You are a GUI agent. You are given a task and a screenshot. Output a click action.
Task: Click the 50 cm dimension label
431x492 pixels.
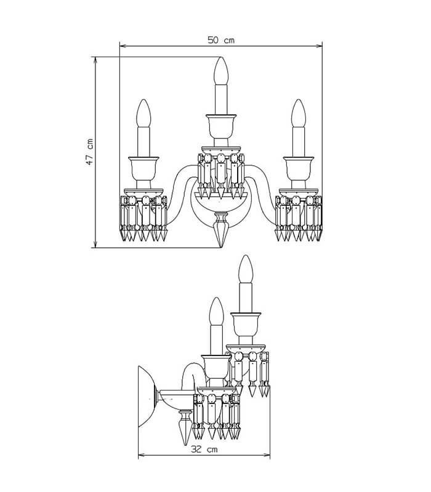221,40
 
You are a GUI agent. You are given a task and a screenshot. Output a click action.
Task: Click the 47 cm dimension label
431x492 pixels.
89,152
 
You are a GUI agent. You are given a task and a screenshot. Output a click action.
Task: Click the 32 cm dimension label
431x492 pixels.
204,450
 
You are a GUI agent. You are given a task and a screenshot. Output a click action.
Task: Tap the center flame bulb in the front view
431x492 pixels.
221,71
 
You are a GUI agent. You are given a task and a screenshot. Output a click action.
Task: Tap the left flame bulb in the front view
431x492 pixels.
143,113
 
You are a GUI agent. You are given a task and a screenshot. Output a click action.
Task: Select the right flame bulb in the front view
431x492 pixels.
299,113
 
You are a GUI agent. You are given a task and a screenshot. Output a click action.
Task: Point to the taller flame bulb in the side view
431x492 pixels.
246,269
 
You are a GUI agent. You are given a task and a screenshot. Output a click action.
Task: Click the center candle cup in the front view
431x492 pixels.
221,127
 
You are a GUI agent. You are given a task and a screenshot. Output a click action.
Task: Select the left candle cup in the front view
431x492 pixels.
143,169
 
